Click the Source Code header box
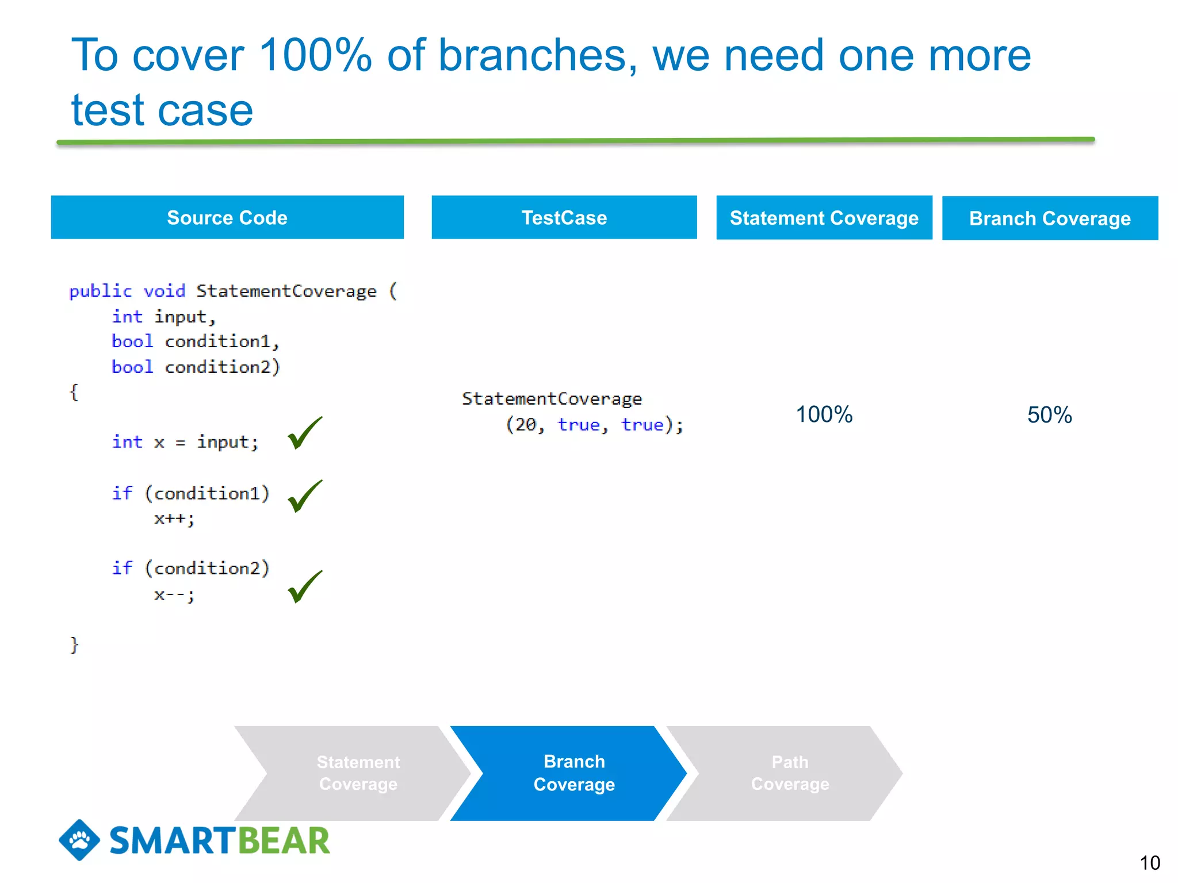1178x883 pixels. pos(227,217)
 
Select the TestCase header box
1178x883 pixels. pos(564,217)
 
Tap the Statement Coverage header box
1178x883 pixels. pos(824,218)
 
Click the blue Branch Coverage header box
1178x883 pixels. pos(1050,218)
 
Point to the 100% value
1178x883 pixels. pos(824,414)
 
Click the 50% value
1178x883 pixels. pos(1049,415)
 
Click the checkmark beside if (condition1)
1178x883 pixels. pos(304,496)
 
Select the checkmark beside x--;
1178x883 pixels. pos(304,586)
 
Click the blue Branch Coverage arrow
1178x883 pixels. pos(574,773)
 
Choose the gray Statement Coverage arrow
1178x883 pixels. pos(358,773)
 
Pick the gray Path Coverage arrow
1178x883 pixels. pos(790,773)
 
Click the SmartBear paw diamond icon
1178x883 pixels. pos(79,840)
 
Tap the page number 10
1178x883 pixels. pos(1149,863)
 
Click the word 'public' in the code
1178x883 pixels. pos(100,291)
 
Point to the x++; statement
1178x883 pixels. pos(174,519)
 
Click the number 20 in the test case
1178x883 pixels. pos(525,425)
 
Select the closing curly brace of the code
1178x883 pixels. pos(74,644)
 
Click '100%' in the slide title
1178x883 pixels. pos(315,56)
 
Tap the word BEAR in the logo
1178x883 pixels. pos(284,840)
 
